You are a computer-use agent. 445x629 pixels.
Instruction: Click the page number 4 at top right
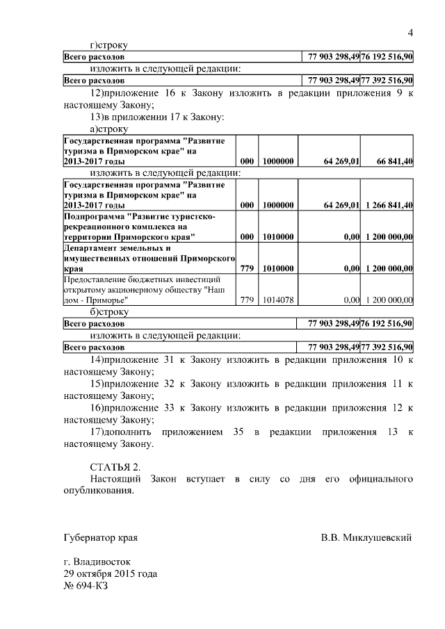(x=410, y=33)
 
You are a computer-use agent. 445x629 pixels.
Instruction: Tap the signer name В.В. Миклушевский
(x=366, y=537)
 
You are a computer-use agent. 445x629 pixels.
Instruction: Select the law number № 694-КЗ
(x=86, y=585)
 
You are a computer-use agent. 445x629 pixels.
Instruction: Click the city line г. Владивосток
(x=96, y=561)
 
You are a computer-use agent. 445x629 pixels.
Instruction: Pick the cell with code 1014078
(x=277, y=300)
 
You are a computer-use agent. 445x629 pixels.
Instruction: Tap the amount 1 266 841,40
(x=387, y=205)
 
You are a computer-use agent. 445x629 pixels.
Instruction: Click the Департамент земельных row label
(x=149, y=258)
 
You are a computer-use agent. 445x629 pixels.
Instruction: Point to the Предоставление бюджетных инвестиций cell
(x=149, y=290)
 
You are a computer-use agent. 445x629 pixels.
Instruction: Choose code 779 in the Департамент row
(x=246, y=268)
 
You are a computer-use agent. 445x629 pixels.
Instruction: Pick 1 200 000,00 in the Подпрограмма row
(x=387, y=236)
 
